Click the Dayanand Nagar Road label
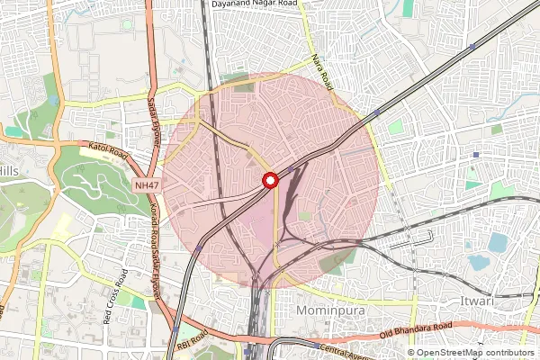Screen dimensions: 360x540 tap(255, 4)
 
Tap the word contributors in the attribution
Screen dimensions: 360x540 tap(508, 353)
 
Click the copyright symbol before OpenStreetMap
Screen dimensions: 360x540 tap(411, 353)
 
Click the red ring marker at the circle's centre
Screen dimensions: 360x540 tap(269, 181)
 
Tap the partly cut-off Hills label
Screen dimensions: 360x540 tap(9, 170)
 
